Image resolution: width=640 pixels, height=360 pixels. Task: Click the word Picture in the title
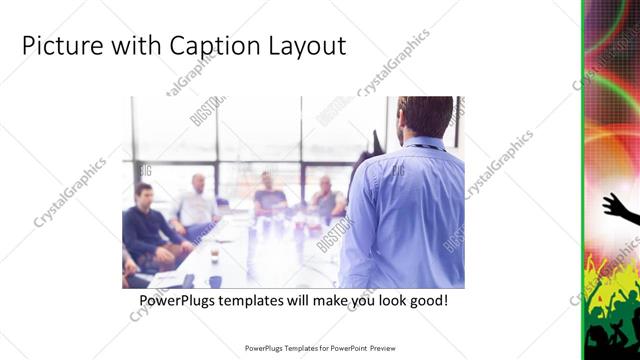click(x=56, y=46)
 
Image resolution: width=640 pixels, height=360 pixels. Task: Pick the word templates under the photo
click(x=260, y=300)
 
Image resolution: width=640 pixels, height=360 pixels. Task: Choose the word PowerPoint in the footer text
click(x=346, y=348)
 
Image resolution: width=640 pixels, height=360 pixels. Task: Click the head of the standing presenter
click(x=425, y=118)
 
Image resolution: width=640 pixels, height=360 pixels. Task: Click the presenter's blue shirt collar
click(x=424, y=143)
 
